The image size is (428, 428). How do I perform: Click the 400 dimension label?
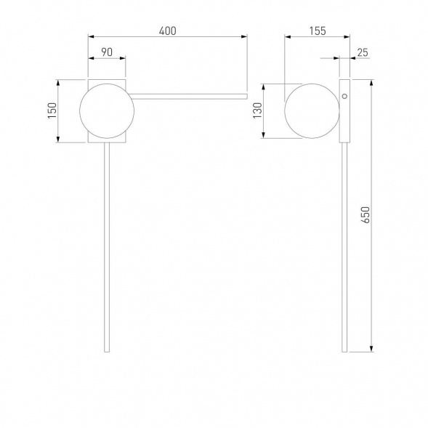[x=168, y=31]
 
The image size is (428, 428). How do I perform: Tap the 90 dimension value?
[x=107, y=52]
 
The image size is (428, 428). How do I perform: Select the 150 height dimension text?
[x=52, y=110]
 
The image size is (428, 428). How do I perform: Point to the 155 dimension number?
[x=318, y=31]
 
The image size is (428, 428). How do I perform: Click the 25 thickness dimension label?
[x=363, y=52]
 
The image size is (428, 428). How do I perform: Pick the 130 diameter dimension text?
[x=257, y=110]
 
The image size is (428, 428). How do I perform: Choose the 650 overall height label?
[x=366, y=215]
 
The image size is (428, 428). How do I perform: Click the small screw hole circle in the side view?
[x=344, y=96]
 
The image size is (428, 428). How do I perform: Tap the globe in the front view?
[x=107, y=111]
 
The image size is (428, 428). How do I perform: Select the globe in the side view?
[x=312, y=111]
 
